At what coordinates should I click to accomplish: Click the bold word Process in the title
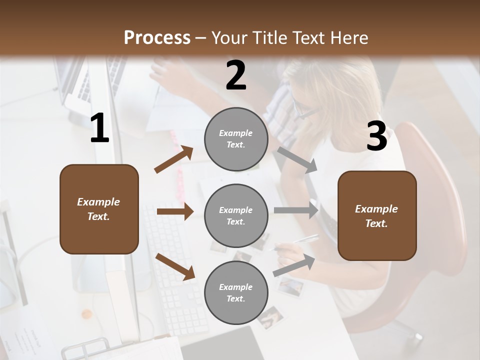tap(157, 38)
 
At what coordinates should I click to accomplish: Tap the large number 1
tap(99, 128)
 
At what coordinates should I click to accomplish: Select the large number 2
tap(236, 75)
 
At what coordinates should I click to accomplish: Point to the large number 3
tap(376, 136)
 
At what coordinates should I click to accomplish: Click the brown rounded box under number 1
tap(99, 209)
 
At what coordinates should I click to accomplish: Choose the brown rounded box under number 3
tap(377, 216)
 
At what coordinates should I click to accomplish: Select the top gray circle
tap(236, 139)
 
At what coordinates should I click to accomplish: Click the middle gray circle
tap(236, 216)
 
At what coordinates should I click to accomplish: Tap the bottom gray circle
tap(236, 293)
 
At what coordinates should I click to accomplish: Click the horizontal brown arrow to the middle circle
tap(174, 211)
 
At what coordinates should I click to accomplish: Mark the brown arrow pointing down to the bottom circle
tap(175, 266)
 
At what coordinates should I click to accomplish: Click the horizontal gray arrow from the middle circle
tap(295, 211)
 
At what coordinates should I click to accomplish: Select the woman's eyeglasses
tap(302, 109)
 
